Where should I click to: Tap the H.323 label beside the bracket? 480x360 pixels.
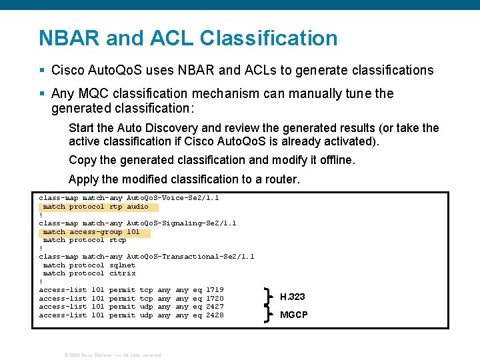292,297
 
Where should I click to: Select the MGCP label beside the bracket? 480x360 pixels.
293,315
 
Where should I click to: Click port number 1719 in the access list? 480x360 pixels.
215,290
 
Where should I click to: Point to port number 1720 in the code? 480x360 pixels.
215,298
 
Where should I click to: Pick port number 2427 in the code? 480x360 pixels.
215,307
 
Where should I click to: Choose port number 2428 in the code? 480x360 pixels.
215,315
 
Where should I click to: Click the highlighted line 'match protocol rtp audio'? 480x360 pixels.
95,207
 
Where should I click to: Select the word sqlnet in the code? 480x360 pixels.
122,265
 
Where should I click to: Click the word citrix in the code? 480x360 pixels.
122,273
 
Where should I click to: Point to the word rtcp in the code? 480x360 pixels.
117,240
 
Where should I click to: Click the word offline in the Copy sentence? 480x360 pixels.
337,160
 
